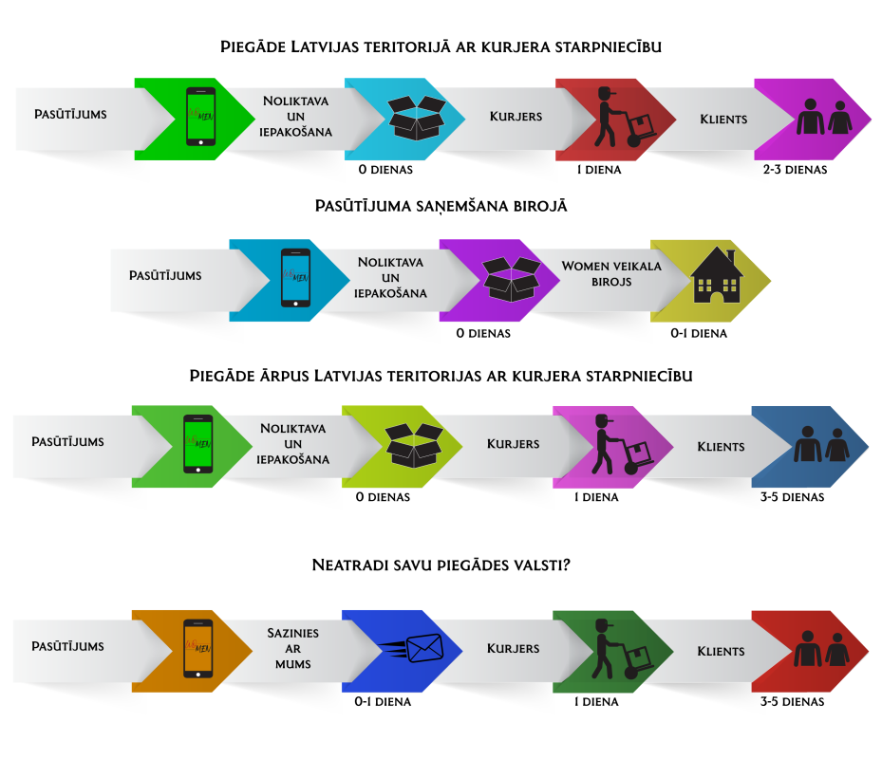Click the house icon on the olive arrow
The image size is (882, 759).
pos(717,276)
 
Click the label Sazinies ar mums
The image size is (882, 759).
pos(292,648)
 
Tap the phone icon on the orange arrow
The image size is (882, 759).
pos(198,648)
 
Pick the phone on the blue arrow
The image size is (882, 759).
pos(295,278)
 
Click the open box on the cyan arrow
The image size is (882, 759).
pos(418,118)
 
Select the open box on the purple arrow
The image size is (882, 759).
pos(512,279)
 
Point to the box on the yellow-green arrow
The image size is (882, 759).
pos(414,445)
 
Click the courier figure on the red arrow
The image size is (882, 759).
pos(623,118)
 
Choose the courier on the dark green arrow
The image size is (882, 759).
pos(622,649)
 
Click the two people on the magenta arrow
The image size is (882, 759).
pos(823,118)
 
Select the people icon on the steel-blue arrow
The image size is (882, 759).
pos(821,445)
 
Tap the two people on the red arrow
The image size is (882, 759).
pos(821,650)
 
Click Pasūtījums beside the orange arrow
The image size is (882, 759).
pos(67,646)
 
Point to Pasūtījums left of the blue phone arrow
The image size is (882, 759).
pos(165,275)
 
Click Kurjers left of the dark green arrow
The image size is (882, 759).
pos(514,649)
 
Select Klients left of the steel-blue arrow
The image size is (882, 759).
pos(721,446)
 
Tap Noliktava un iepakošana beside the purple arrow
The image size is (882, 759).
pos(391,277)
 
